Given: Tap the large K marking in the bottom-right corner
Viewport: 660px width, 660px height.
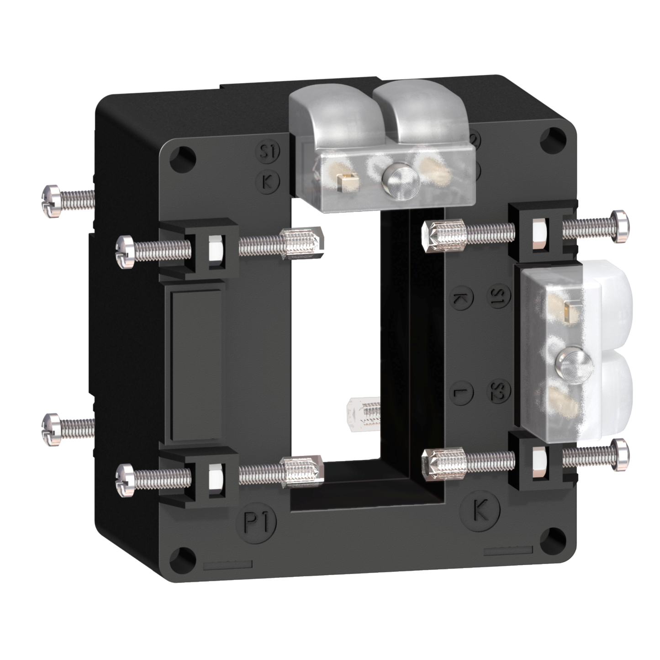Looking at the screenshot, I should tap(480, 510).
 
